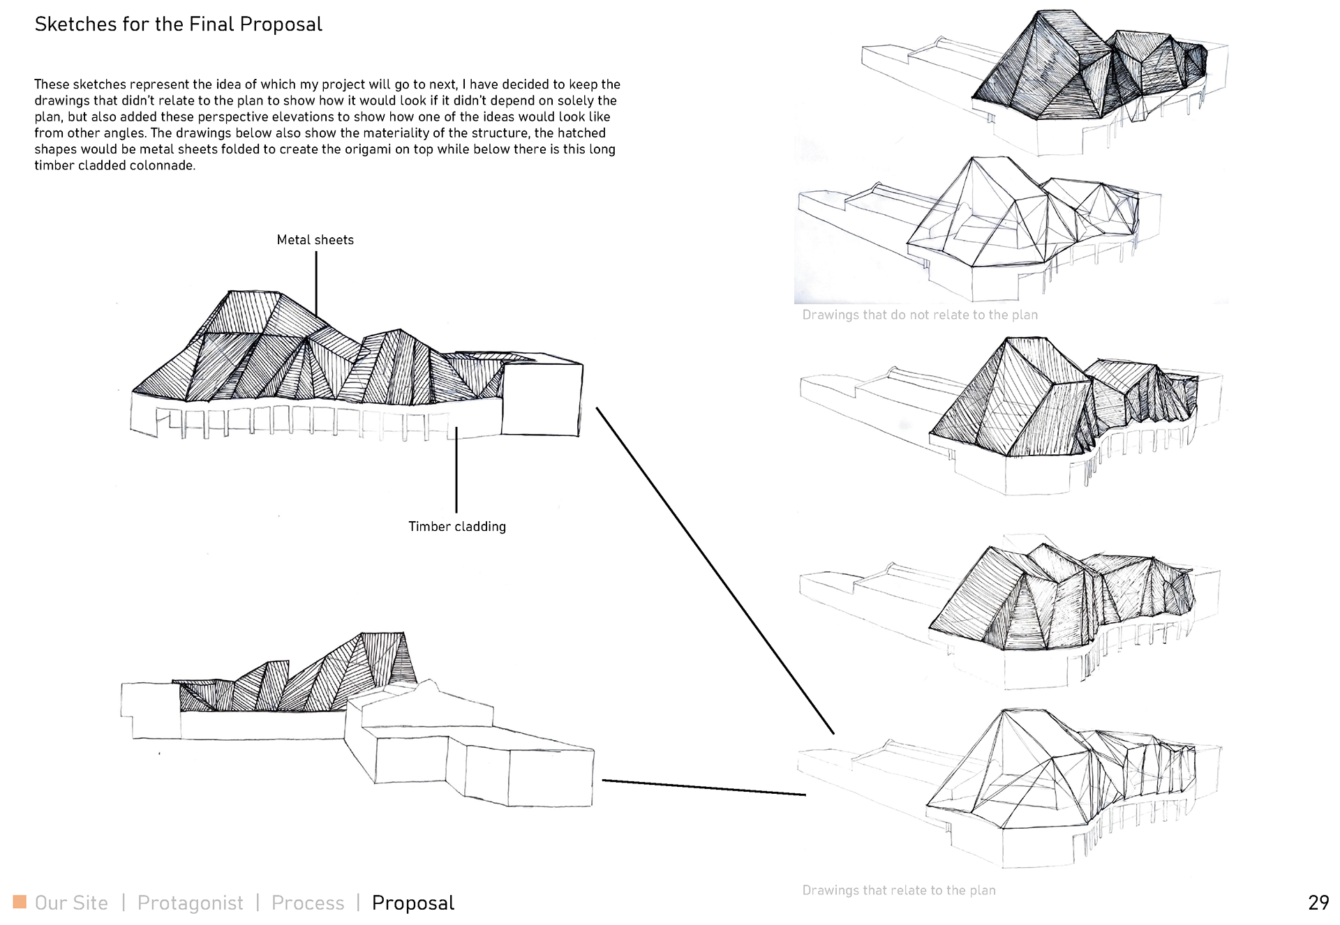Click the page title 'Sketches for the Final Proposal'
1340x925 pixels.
(178, 24)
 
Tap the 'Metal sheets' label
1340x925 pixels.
(315, 240)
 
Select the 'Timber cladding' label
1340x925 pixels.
(457, 527)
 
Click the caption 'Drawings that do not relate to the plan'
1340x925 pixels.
(919, 315)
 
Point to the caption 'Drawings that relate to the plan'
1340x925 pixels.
(898, 890)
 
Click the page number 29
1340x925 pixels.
(1318, 903)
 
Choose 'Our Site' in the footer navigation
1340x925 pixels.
(71, 903)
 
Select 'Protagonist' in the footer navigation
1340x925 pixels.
(190, 903)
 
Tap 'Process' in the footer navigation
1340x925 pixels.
(308, 903)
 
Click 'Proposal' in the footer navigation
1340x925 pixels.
(412, 903)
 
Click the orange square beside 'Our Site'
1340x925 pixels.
(20, 901)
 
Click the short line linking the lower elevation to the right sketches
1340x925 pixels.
(703, 787)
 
